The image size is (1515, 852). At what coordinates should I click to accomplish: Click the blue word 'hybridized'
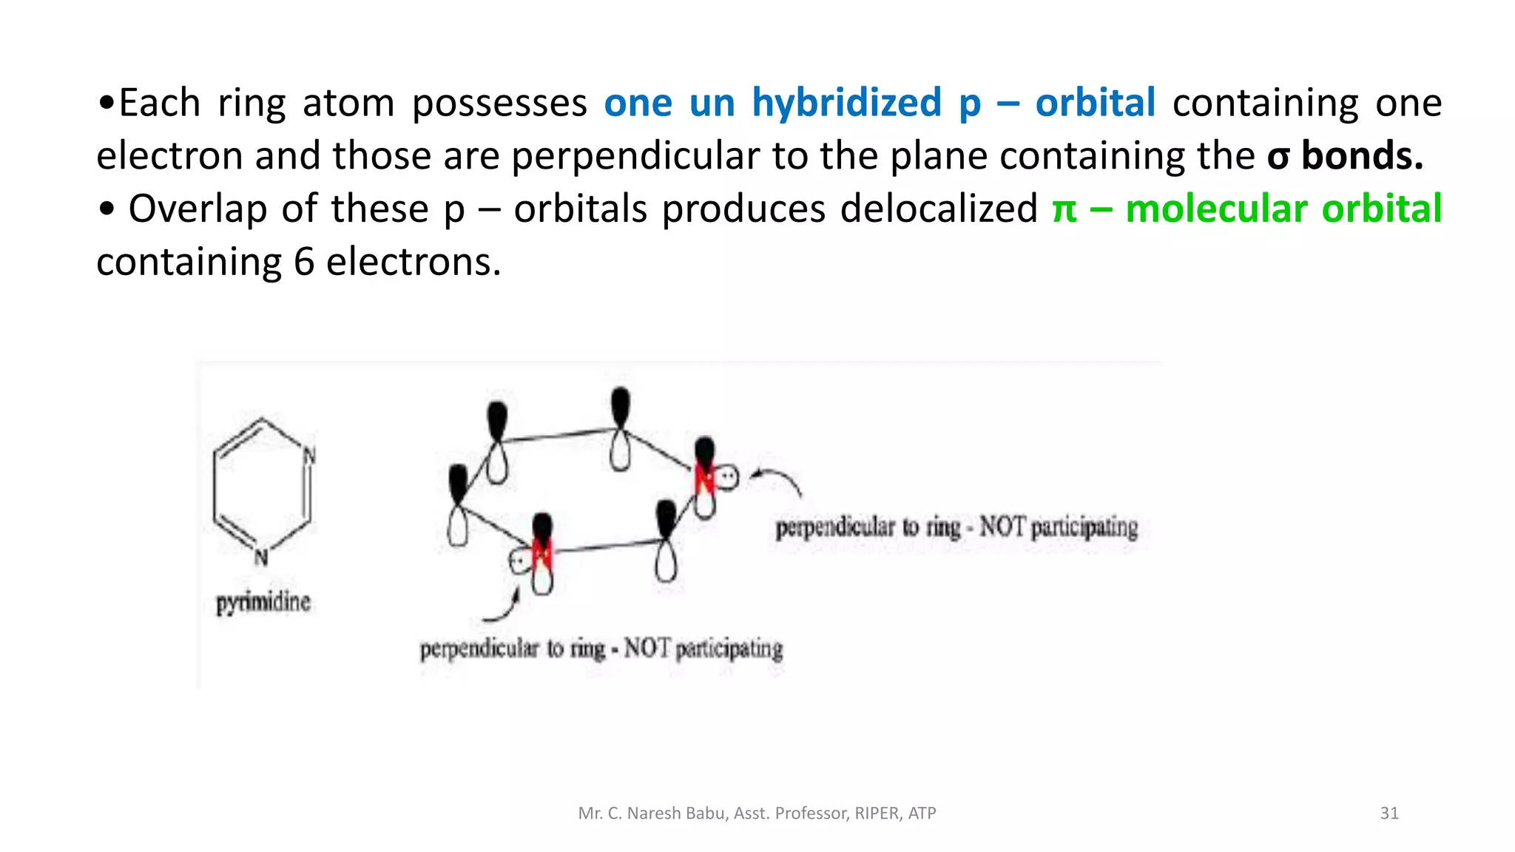coord(846,102)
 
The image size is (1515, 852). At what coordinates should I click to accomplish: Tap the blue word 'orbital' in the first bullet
coord(1095,102)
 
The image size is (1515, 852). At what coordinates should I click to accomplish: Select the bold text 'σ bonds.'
coord(1345,155)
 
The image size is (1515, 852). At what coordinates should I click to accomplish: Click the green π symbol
coord(1064,209)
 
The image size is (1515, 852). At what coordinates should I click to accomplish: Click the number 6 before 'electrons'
coord(304,262)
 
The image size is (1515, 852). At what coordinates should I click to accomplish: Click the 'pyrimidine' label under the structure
coord(263,602)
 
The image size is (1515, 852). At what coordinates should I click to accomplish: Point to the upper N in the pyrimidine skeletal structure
coord(309,456)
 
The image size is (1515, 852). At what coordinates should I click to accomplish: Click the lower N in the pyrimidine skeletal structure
coord(260,558)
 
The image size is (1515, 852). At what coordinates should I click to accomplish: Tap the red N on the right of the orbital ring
coord(704,479)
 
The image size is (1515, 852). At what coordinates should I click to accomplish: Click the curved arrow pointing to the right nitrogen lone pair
coord(777,479)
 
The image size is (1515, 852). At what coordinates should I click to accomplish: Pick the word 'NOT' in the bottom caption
coord(647,649)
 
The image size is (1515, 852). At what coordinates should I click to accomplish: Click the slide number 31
coord(1389,814)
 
